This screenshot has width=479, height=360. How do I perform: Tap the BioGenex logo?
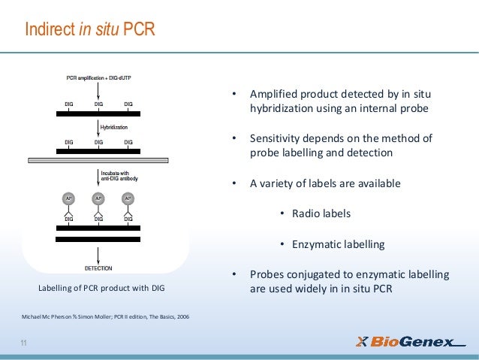(x=409, y=342)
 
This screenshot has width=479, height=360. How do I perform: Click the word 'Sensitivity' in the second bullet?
(x=276, y=138)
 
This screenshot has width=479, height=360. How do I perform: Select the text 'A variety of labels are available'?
(x=325, y=183)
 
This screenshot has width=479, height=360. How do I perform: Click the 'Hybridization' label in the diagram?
(x=117, y=128)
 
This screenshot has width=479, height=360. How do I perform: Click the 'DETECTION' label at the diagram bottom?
(x=98, y=268)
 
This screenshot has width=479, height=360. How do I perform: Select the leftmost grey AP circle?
(x=68, y=199)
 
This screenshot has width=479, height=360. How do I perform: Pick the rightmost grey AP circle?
(x=128, y=199)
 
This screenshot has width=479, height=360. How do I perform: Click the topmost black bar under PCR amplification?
(x=98, y=113)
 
